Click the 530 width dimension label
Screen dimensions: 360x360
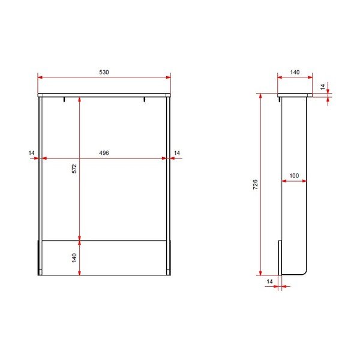[x=104, y=72]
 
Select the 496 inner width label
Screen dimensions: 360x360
[x=104, y=154]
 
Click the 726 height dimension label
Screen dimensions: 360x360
[x=255, y=184]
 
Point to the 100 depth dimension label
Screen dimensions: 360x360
[x=294, y=176]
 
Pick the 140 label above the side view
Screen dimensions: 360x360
[x=295, y=72]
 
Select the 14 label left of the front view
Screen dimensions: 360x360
[x=31, y=154]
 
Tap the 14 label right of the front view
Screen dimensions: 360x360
[x=176, y=154]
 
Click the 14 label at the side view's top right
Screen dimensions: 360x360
[x=323, y=87]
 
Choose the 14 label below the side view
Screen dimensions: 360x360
[x=269, y=281]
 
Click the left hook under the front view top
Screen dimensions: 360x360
[x=64, y=99]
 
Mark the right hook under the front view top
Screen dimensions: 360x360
[x=144, y=99]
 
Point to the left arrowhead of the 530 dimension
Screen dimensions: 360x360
[x=40, y=77]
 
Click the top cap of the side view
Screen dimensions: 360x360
[x=295, y=95]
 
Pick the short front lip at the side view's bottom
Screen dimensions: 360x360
[x=279, y=257]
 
